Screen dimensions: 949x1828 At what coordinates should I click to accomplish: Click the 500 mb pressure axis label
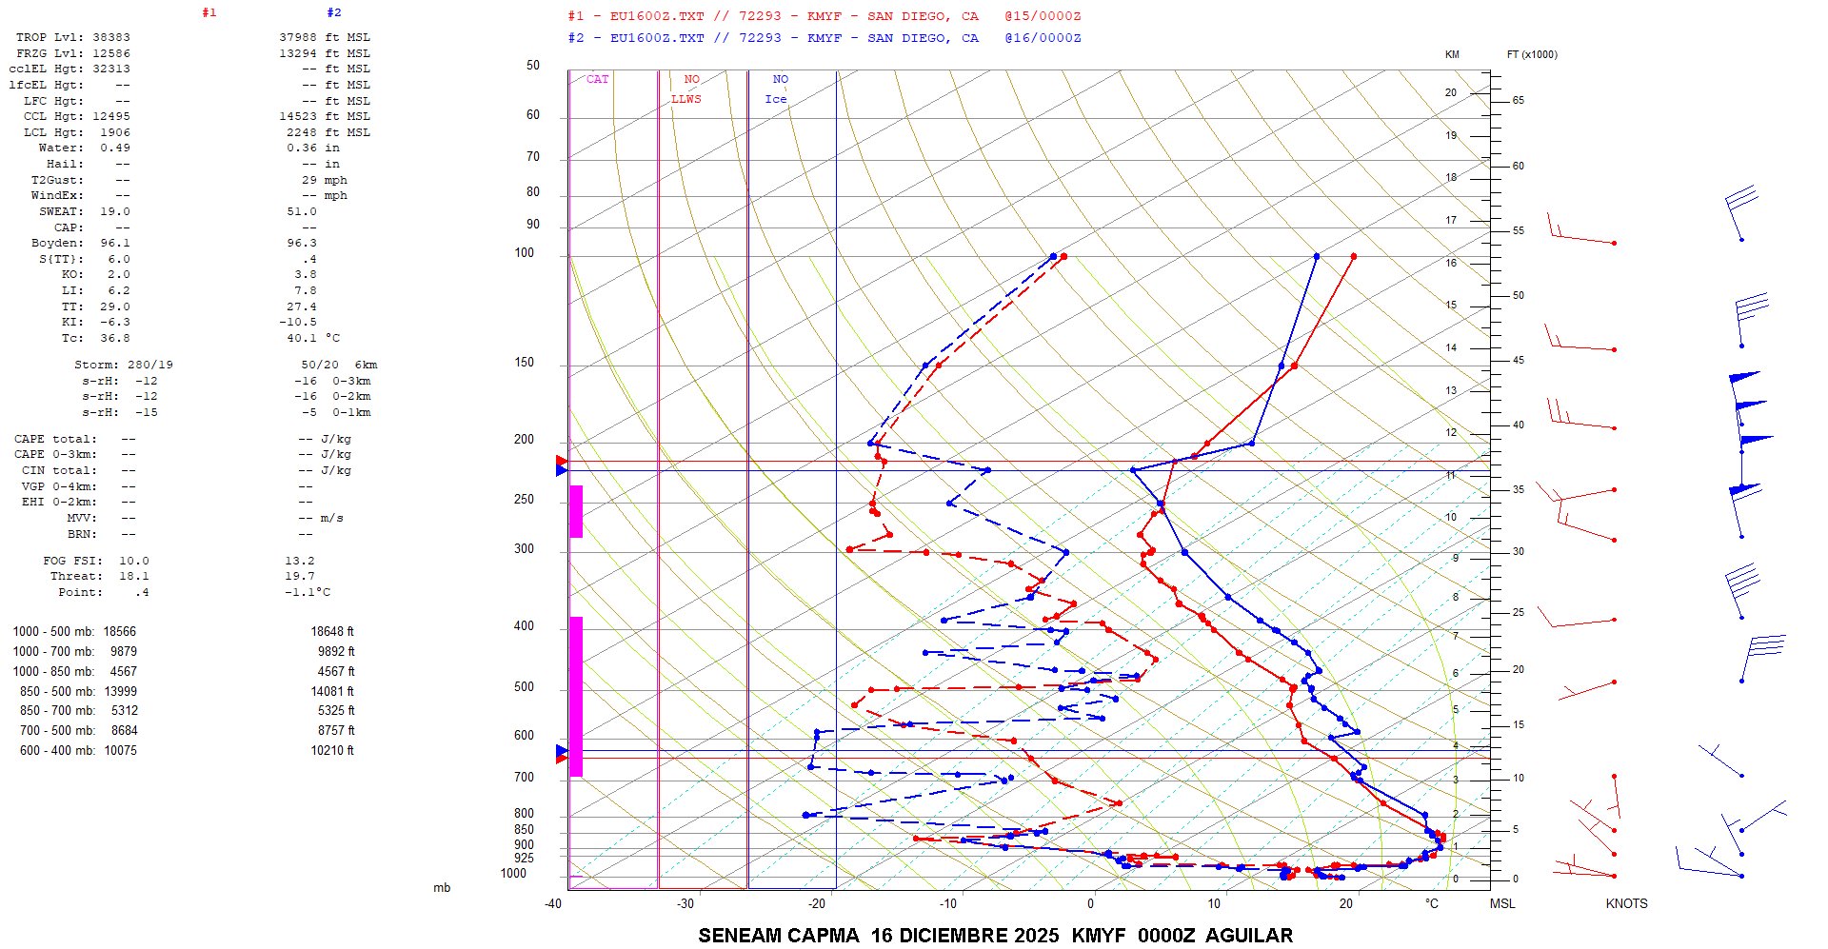point(524,687)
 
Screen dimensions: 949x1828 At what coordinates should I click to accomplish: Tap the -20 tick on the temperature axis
point(817,903)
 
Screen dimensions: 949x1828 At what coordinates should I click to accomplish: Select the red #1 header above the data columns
point(209,13)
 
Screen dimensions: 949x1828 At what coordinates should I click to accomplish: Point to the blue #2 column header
point(333,13)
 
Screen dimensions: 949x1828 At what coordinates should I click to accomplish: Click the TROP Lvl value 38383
point(111,37)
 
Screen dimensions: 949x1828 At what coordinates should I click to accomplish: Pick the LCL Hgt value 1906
point(115,132)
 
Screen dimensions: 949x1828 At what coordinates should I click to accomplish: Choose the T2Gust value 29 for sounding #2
point(309,180)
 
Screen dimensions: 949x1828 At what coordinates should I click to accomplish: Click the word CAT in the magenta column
point(597,80)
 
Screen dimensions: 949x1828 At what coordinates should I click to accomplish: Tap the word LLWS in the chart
point(685,99)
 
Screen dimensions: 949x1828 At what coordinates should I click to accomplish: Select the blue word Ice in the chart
point(776,99)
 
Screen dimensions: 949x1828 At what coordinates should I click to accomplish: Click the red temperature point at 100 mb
point(1353,256)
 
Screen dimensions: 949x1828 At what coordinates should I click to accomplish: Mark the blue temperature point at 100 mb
point(1317,256)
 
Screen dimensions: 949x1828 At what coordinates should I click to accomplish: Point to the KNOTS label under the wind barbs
point(1626,903)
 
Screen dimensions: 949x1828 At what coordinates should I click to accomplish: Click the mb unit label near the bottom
point(442,888)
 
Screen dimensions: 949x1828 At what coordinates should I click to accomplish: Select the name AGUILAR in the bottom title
point(1249,936)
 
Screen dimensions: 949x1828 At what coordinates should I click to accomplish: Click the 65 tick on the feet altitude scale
point(1518,100)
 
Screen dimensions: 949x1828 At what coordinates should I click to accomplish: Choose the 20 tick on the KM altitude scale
point(1451,93)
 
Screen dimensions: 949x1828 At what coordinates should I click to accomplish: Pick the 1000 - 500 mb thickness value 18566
point(120,632)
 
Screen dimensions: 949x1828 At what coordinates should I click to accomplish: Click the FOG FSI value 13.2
point(299,561)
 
